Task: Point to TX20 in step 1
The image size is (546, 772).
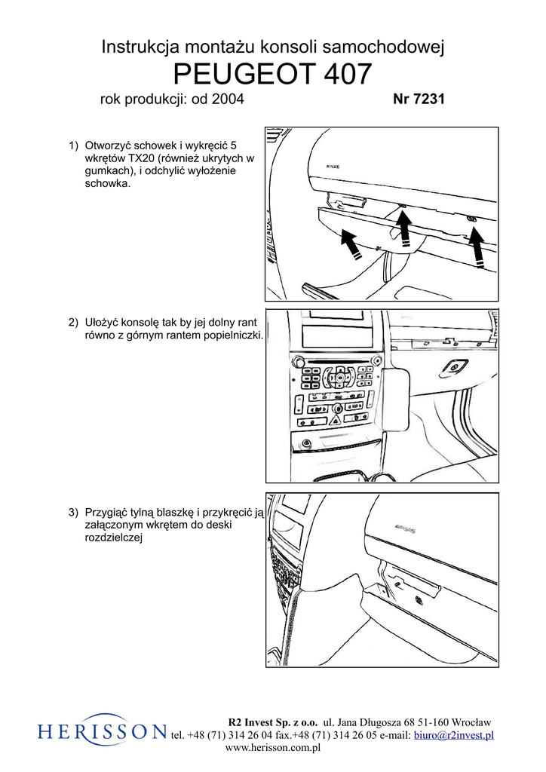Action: point(143,158)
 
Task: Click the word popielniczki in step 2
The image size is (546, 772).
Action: point(229,335)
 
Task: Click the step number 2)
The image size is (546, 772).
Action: point(73,323)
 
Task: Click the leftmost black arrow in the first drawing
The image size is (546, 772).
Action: point(348,244)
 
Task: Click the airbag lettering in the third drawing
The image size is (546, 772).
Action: point(408,530)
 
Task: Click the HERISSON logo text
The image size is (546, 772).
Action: point(103,730)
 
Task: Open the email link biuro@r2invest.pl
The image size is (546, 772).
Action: point(454,735)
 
